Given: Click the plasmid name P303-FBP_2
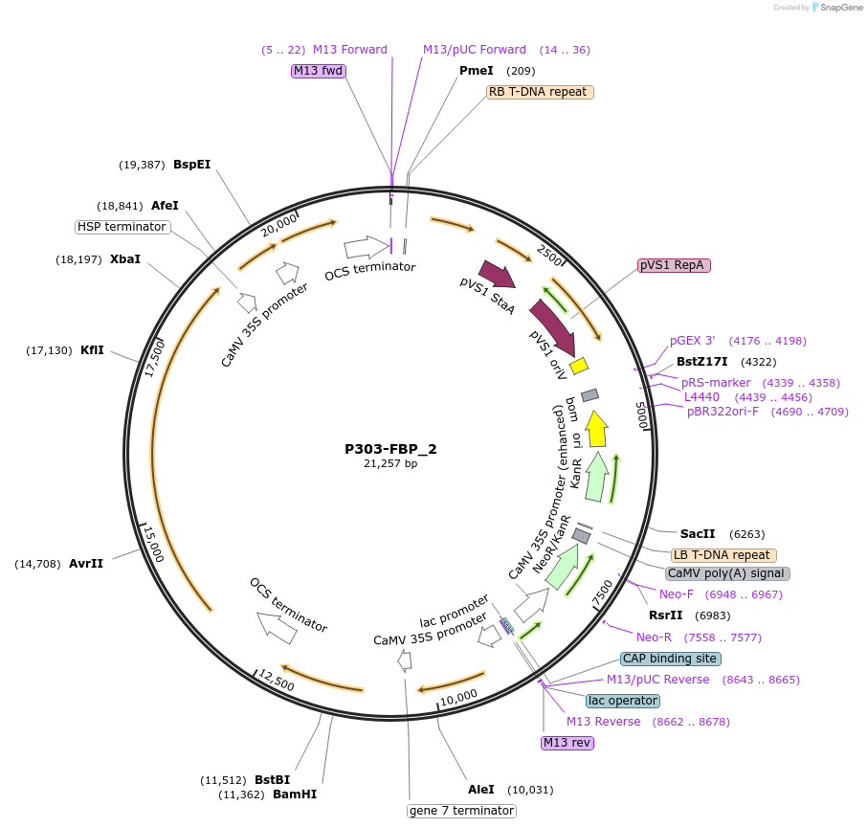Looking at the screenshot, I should tap(390, 448).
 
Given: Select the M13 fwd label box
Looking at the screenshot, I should tap(319, 71).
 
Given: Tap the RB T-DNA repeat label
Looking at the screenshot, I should tap(540, 93).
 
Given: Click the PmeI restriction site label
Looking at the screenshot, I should tap(476, 71).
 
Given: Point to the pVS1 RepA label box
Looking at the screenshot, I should tap(674, 265).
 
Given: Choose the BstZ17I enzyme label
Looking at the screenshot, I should tap(701, 362).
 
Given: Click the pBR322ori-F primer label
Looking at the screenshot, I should tap(722, 412).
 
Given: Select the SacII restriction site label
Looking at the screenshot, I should tap(698, 533).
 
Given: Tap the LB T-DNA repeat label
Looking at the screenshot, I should tap(723, 555).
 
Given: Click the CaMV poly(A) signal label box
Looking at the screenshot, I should tap(727, 573).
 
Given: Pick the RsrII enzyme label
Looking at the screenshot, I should tap(665, 615).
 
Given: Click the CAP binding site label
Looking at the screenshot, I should tap(670, 659).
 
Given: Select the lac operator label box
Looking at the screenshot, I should tap(622, 701).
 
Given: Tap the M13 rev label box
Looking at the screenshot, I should tap(567, 742).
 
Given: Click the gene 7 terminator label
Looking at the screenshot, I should tap(461, 811).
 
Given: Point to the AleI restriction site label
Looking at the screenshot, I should tap(480, 790).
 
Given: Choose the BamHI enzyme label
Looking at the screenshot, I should tap(295, 794).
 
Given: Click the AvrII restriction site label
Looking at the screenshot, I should tap(85, 564).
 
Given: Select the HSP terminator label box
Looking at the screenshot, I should tap(122, 227).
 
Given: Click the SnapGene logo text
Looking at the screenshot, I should tap(838, 8).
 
